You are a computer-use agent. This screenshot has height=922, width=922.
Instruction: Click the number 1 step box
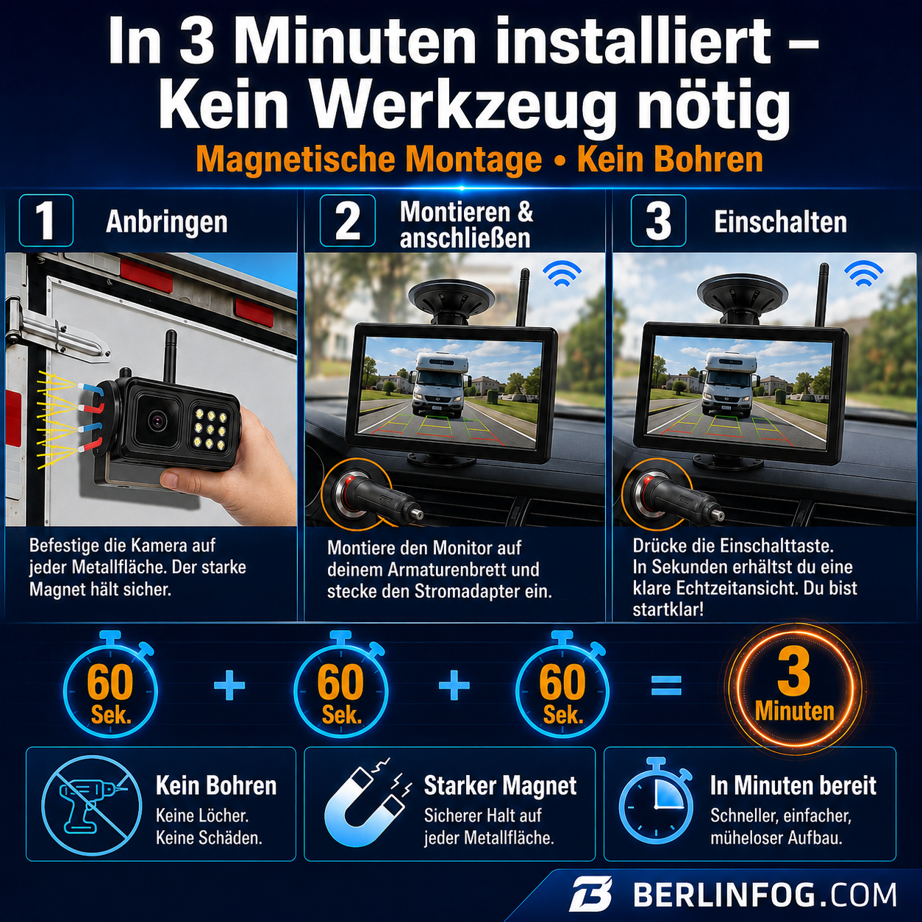pyautogui.click(x=46, y=221)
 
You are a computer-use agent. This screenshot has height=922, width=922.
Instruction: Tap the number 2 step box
pyautogui.click(x=347, y=221)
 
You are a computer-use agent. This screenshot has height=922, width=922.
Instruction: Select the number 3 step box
pyautogui.click(x=658, y=221)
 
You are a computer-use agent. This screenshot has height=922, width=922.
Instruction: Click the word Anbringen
pyautogui.click(x=166, y=222)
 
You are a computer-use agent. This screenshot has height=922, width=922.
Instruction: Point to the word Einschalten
pyautogui.click(x=780, y=222)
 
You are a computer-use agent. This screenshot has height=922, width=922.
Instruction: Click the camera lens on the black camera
pyautogui.click(x=157, y=421)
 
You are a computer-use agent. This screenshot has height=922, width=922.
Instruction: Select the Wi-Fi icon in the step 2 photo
pyautogui.click(x=562, y=274)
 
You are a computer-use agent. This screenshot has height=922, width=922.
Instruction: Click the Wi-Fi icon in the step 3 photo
pyautogui.click(x=864, y=274)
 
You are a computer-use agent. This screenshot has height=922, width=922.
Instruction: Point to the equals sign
pyautogui.click(x=666, y=685)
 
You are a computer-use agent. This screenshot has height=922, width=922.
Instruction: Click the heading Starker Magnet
pyautogui.click(x=500, y=786)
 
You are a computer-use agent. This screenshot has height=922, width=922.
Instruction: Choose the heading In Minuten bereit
pyautogui.click(x=793, y=786)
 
